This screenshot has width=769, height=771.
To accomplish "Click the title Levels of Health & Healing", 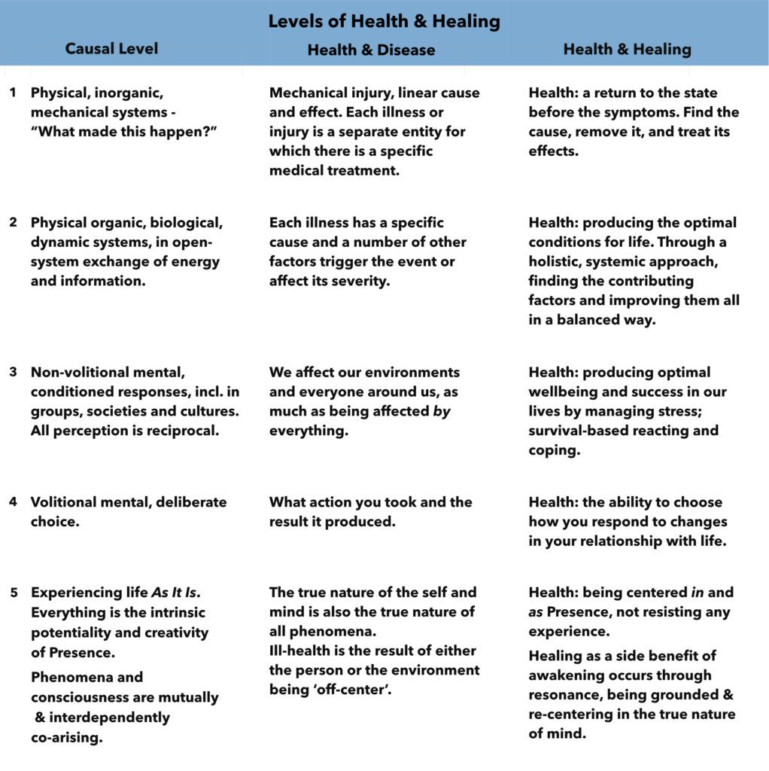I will tap(384, 21).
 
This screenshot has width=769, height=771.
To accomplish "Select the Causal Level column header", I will tap(111, 49).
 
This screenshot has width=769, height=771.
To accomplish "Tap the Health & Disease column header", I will tap(371, 50).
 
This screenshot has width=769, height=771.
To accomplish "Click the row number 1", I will tap(13, 93).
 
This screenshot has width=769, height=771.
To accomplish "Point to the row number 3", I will tap(13, 372).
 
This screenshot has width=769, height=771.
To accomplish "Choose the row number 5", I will tap(13, 593).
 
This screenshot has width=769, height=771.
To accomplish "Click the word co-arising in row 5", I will tap(67, 738).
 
